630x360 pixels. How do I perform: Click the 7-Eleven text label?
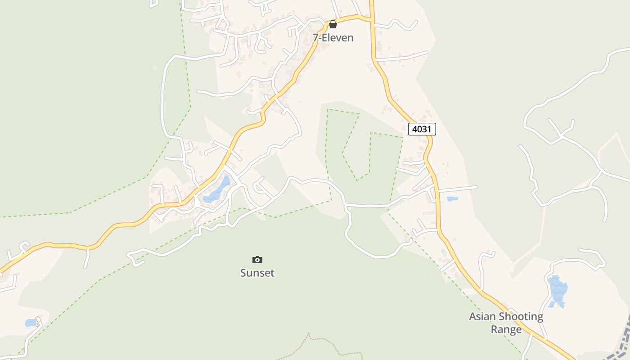click(333, 38)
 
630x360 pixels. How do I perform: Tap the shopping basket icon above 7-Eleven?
click(333, 24)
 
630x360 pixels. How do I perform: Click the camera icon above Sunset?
click(257, 260)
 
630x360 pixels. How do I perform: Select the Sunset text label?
click(257, 273)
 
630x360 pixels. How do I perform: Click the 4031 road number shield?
click(422, 129)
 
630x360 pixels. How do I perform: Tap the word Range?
click(506, 329)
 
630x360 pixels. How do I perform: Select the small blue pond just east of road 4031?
click(452, 198)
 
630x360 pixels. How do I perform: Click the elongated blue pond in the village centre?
click(217, 190)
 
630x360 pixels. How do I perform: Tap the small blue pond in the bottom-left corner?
click(31, 323)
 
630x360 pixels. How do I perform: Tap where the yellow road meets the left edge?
click(2, 271)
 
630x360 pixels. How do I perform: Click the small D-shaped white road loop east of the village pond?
click(261, 188)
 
